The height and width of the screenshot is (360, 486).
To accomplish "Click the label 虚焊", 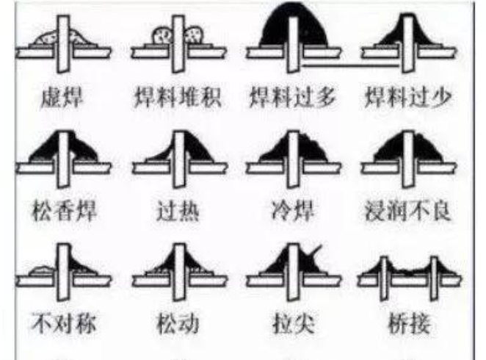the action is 62,98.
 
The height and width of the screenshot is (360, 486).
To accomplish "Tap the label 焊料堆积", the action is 178,98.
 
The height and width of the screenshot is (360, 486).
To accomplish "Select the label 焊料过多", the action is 293,98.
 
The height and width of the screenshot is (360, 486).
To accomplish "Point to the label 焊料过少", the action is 408,98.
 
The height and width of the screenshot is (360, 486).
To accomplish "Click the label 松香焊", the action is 64,211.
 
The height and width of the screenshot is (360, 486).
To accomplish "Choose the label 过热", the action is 178,211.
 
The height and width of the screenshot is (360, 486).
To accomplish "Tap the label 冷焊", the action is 293,211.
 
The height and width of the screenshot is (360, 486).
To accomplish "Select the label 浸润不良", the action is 408,211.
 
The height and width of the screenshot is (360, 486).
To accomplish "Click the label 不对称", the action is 64,324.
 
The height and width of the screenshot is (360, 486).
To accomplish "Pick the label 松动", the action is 178,324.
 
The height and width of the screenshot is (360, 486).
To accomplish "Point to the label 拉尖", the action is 294,324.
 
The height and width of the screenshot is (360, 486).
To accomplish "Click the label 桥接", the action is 409,324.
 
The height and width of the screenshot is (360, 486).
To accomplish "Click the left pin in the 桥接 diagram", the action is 384,278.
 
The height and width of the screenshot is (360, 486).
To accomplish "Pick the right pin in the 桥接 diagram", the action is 434,278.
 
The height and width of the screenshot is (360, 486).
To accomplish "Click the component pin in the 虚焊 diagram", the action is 63,44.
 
